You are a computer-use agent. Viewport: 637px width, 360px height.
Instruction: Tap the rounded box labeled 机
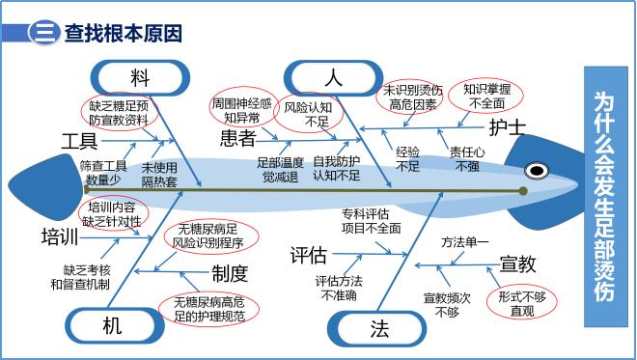(111, 326)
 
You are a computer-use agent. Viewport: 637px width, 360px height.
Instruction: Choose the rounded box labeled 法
(379, 328)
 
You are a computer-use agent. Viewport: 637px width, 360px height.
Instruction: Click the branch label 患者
(237, 137)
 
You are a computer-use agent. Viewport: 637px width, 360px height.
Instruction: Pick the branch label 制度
(230, 274)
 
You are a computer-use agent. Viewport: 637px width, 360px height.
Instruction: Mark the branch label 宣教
(518, 263)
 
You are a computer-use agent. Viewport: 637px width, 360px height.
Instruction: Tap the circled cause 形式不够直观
(522, 303)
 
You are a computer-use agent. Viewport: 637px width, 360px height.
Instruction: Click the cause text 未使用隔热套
(160, 173)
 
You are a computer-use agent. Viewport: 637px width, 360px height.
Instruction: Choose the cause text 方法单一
(465, 241)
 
